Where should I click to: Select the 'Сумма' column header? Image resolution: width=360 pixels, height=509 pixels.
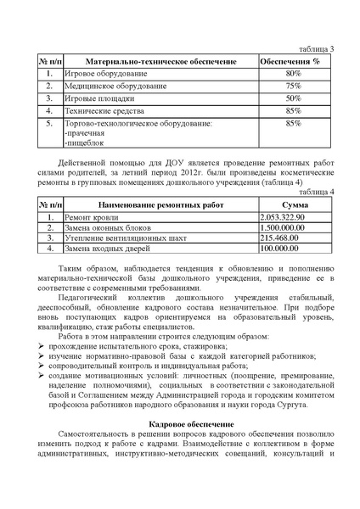click(294, 205)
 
